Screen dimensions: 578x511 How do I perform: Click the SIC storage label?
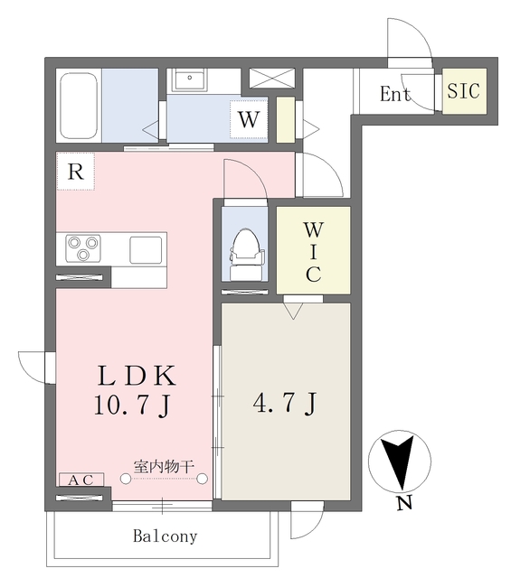click(x=464, y=92)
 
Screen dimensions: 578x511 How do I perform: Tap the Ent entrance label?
click(x=395, y=94)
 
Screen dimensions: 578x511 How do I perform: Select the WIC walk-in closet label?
click(x=312, y=251)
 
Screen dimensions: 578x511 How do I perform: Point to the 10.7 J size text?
click(x=133, y=406)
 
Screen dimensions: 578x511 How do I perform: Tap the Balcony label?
click(x=166, y=536)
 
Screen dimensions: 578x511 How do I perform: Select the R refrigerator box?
click(x=76, y=172)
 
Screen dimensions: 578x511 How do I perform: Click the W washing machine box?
click(x=249, y=118)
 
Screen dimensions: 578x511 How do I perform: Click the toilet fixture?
click(x=245, y=250)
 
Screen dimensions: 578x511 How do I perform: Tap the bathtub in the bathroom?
click(x=80, y=104)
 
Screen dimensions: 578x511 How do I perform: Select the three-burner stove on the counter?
click(x=83, y=247)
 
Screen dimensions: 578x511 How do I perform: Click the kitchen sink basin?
click(x=147, y=248)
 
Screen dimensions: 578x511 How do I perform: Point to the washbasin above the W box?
click(x=191, y=79)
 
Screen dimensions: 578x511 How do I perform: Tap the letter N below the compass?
click(x=403, y=504)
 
